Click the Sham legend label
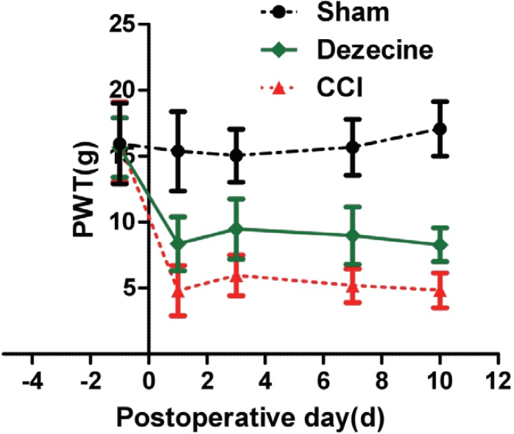click(342, 12)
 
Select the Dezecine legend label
click(376, 49)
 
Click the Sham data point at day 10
click(440, 128)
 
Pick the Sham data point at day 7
click(353, 147)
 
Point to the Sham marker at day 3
click(236, 155)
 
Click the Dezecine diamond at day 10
click(440, 245)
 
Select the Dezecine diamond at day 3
click(236, 228)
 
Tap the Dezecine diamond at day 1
click(178, 243)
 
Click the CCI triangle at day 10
click(440, 290)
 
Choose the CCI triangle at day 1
click(178, 290)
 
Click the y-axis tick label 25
click(124, 24)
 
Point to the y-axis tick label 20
click(124, 90)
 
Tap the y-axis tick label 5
click(130, 287)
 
